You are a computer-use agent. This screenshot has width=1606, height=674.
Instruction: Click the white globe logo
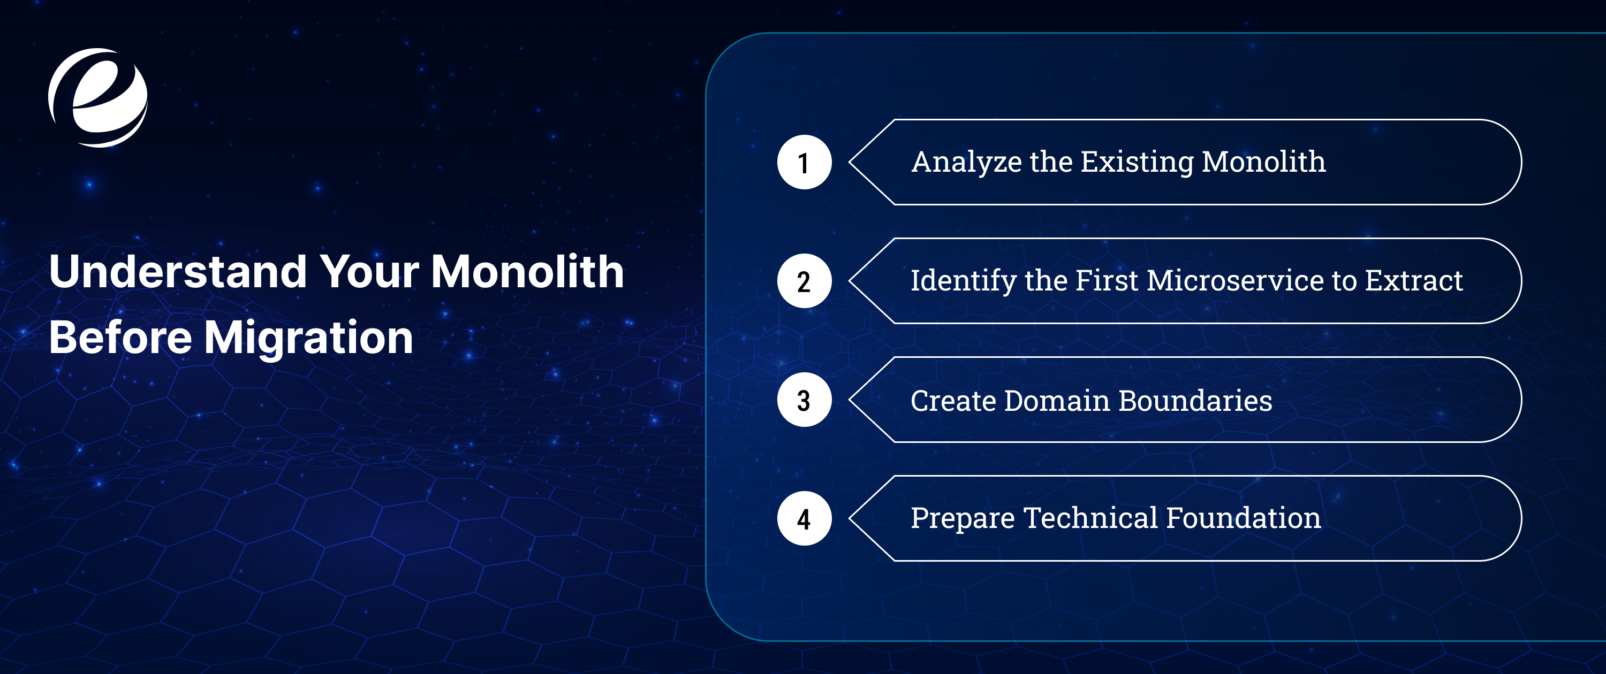click(98, 98)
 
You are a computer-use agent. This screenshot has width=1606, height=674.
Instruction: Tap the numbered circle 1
click(804, 162)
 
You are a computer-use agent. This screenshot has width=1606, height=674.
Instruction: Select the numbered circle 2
click(804, 281)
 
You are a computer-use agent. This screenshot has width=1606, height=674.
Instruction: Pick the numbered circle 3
click(804, 400)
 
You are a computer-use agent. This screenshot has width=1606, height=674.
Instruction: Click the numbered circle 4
click(804, 518)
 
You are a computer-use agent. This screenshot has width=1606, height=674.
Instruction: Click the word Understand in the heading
click(178, 272)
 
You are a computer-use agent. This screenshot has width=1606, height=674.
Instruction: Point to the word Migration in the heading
click(308, 338)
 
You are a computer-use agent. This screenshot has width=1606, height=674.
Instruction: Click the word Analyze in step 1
click(966, 163)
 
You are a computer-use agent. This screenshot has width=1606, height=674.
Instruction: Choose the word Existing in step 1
click(1137, 163)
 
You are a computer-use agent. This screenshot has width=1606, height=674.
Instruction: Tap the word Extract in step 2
click(1413, 281)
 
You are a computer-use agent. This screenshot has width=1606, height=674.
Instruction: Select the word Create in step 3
click(953, 401)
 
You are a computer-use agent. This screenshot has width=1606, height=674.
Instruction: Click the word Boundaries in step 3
click(1195, 401)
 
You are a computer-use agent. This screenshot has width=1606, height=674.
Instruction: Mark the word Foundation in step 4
click(1243, 518)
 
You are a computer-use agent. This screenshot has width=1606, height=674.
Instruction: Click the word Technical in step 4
click(1090, 518)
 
